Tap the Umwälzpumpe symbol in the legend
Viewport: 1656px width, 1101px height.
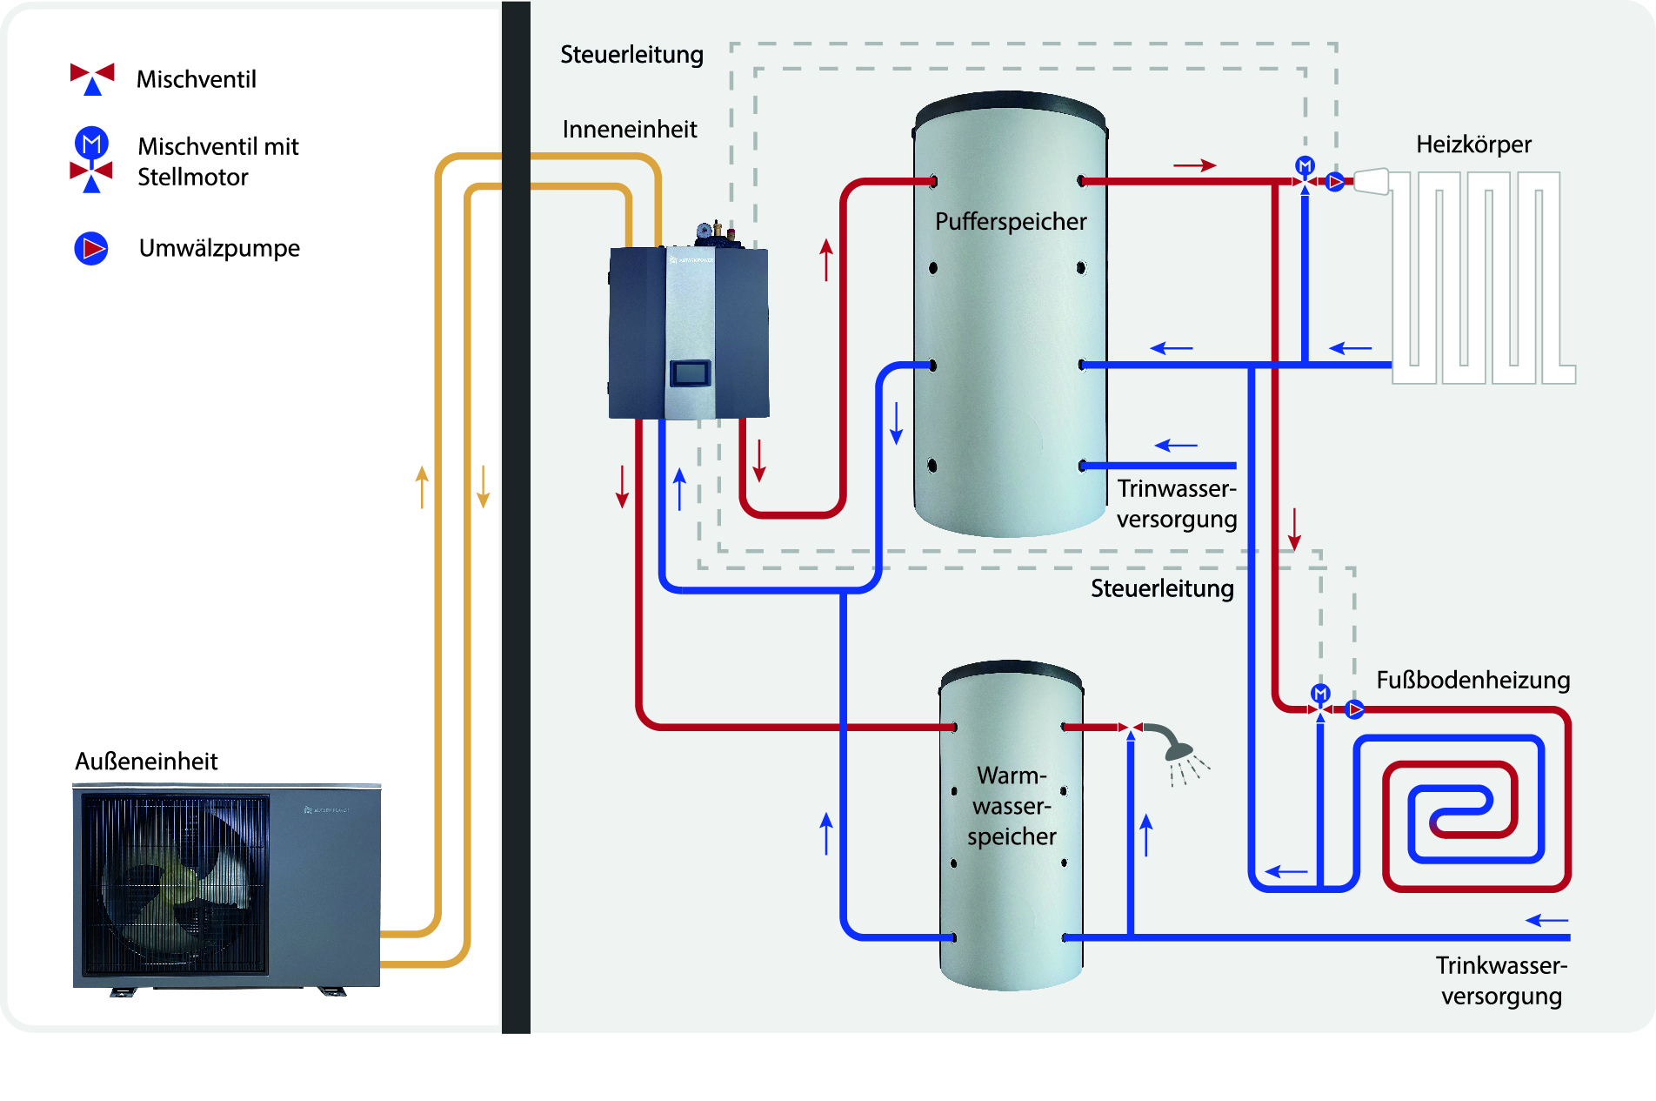click(x=91, y=249)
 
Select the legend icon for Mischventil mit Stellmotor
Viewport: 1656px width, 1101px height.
click(x=91, y=160)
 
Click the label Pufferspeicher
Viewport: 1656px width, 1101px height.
click(x=1011, y=222)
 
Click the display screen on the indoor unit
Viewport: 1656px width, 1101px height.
click(x=690, y=373)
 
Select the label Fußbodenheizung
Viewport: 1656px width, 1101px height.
click(x=1472, y=680)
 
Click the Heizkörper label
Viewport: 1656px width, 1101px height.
click(x=1473, y=144)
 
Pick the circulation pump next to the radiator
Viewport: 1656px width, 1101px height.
click(x=1335, y=182)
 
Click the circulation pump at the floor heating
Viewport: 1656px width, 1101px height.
click(x=1354, y=709)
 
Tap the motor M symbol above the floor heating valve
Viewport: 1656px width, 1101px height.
click(x=1320, y=694)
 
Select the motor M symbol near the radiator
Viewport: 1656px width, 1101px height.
click(x=1305, y=165)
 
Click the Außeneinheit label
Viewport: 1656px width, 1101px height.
click(x=146, y=762)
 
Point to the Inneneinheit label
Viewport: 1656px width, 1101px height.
click(x=630, y=130)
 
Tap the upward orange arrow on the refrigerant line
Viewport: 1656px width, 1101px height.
click(x=422, y=487)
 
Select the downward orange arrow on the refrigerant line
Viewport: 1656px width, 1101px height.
click(x=484, y=487)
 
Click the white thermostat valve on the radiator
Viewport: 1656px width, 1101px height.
click(x=1371, y=181)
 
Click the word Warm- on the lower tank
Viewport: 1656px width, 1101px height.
click(x=1011, y=775)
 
